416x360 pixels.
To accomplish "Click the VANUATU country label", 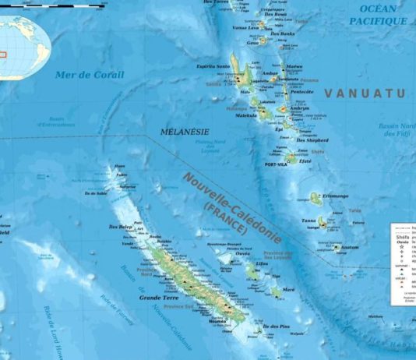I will coord(365,93).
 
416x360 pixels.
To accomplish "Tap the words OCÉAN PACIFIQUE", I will coord(381,16).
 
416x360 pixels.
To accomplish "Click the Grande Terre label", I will coord(157,298).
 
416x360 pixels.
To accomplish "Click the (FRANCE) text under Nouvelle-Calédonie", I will coord(225,219).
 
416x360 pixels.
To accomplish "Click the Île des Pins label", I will coord(276,325).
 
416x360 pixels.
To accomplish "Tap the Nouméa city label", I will coord(218,321).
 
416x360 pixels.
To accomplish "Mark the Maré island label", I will coord(288,289).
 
